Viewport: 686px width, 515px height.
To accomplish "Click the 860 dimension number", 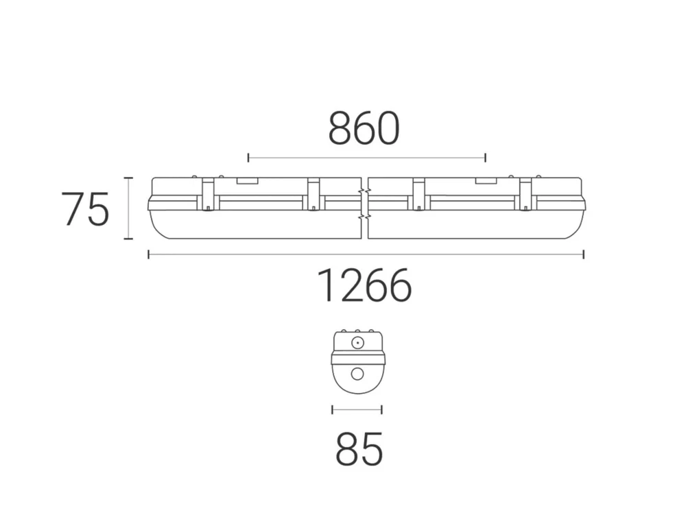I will coord(364,129).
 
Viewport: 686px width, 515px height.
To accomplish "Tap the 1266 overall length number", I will coord(364,286).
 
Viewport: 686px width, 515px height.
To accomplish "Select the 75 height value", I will coord(85,210).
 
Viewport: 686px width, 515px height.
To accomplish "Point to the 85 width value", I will coord(359,451).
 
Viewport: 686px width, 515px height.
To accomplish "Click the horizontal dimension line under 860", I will coord(366,158).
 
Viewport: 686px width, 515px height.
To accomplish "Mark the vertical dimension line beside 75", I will coord(128,208).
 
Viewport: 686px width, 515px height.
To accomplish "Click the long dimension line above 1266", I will coord(366,255).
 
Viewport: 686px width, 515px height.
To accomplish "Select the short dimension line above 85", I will coord(357,410).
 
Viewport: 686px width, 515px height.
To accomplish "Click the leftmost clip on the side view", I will coord(207,193).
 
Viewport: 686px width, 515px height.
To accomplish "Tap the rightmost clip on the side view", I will coord(525,193).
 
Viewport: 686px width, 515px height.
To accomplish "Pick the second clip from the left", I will coord(314,193).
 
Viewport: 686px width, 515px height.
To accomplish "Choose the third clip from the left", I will coord(418,193).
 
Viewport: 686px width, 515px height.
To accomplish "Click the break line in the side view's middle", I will coord(364,206).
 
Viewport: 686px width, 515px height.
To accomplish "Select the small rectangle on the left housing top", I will coord(246,182).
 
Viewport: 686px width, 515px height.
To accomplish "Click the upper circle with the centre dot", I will coord(357,342).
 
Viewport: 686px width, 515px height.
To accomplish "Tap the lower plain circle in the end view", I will coord(357,374).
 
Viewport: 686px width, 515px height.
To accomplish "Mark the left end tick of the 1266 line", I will coord(149,255).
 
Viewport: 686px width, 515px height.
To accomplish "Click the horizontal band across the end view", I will coord(357,357).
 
